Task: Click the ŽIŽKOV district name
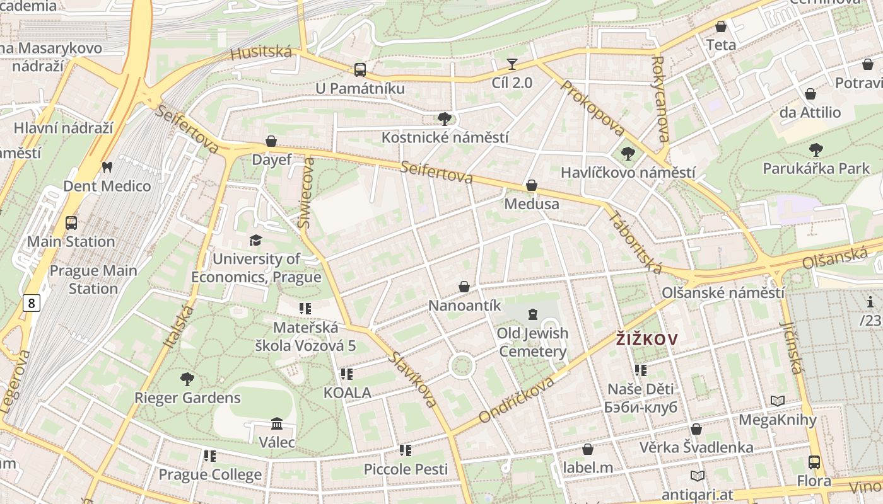pyautogui.click(x=646, y=340)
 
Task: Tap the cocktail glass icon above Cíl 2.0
pyautogui.click(x=512, y=64)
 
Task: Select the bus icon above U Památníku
pyautogui.click(x=360, y=69)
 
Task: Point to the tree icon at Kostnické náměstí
pyautogui.click(x=445, y=118)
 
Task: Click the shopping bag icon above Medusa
pyautogui.click(x=532, y=185)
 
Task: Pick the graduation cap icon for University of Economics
pyautogui.click(x=255, y=240)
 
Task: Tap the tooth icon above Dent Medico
pyautogui.click(x=107, y=167)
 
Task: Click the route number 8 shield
pyautogui.click(x=31, y=304)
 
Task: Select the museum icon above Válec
pyautogui.click(x=276, y=423)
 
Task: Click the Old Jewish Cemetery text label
pyautogui.click(x=533, y=342)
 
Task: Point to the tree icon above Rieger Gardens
pyautogui.click(x=187, y=379)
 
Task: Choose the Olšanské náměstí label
pyautogui.click(x=723, y=293)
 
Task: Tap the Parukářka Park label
pyautogui.click(x=816, y=168)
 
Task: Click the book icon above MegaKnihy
pyautogui.click(x=778, y=401)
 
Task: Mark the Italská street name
pyautogui.click(x=178, y=325)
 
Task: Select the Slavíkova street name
pyautogui.click(x=413, y=379)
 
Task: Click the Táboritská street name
pyautogui.click(x=635, y=243)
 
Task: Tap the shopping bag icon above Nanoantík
pyautogui.click(x=464, y=287)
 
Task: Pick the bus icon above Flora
pyautogui.click(x=814, y=462)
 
